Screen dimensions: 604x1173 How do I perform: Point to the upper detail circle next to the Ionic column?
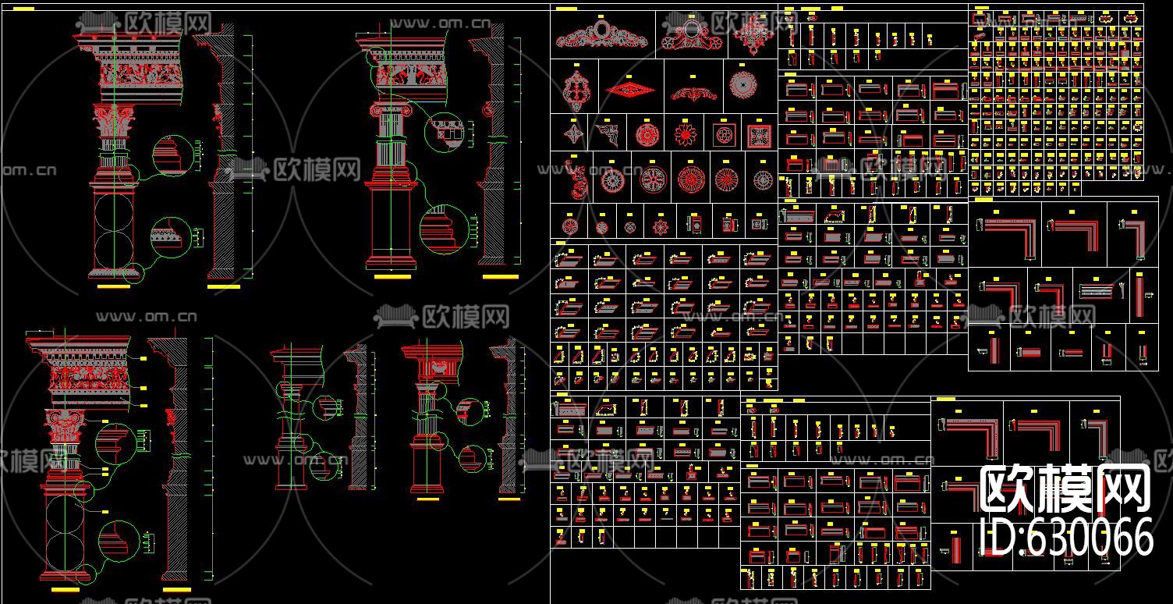coord(444,132)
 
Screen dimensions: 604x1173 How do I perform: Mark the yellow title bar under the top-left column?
coord(113,287)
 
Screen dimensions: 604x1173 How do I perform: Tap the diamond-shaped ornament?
coord(630,89)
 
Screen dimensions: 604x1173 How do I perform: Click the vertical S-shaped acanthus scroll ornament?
coord(577,181)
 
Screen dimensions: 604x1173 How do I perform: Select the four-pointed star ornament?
coord(573,134)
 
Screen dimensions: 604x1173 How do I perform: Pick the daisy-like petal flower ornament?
coord(685,135)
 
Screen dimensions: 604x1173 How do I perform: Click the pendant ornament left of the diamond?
coord(577,90)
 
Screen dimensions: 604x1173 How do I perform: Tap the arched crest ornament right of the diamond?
coord(693,94)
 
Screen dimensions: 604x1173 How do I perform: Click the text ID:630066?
coord(1065,537)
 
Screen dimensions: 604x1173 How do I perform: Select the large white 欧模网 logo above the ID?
coord(1065,489)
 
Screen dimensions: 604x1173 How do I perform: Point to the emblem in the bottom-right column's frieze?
coord(438,364)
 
